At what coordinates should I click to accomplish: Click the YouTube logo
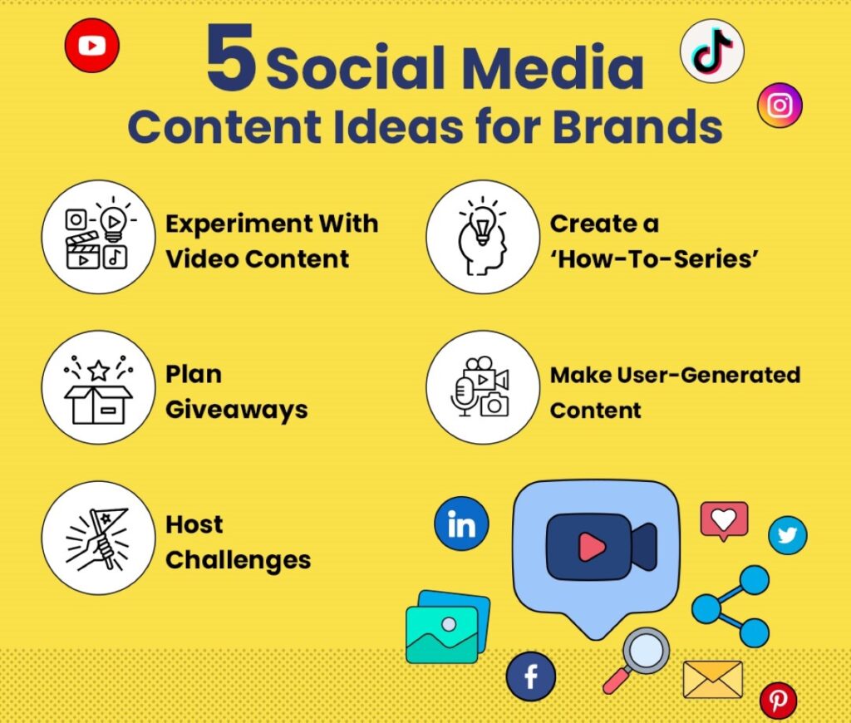pyautogui.click(x=91, y=46)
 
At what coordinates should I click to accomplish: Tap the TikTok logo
pyautogui.click(x=712, y=51)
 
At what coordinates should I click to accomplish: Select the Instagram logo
pyautogui.click(x=780, y=106)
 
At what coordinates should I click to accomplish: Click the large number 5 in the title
pyautogui.click(x=231, y=57)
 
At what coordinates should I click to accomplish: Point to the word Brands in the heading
pyautogui.click(x=637, y=127)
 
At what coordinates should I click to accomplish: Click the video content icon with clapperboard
pyautogui.click(x=98, y=237)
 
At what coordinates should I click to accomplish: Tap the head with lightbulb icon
pyautogui.click(x=483, y=237)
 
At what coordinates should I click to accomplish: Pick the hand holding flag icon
pyautogui.click(x=98, y=538)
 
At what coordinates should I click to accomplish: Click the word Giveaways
pyautogui.click(x=237, y=411)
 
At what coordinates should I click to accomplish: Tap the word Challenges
pyautogui.click(x=239, y=560)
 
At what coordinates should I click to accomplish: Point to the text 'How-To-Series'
pyautogui.click(x=655, y=259)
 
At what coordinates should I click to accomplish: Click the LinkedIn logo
pyautogui.click(x=461, y=524)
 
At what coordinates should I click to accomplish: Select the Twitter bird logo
pyautogui.click(x=788, y=535)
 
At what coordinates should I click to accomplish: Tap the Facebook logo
pyautogui.click(x=531, y=676)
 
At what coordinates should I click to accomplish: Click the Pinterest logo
pyautogui.click(x=778, y=701)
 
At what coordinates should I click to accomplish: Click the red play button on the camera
pyautogui.click(x=592, y=547)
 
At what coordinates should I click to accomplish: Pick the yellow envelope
pyautogui.click(x=712, y=679)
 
